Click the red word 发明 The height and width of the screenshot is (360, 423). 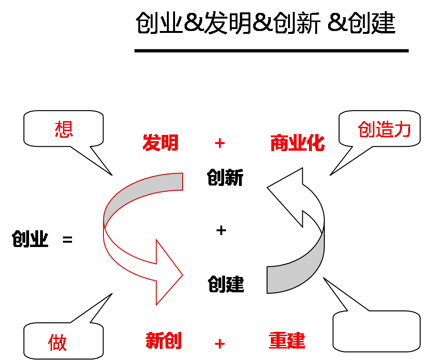[161, 143]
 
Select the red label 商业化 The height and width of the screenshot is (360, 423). [298, 143]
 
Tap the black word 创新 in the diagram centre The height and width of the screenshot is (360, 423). [226, 178]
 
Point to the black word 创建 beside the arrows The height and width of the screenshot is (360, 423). [226, 285]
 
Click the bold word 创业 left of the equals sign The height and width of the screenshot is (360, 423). [31, 239]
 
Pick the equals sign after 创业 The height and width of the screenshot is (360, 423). [68, 239]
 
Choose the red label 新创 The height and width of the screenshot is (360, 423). [163, 341]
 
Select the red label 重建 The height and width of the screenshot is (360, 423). [287, 341]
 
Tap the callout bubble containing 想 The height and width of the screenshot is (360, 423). [63, 128]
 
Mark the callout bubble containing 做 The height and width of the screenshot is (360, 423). [63, 341]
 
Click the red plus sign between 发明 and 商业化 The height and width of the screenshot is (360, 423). [220, 143]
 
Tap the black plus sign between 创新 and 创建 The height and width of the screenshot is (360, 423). [221, 230]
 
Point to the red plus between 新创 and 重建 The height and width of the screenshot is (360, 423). [220, 343]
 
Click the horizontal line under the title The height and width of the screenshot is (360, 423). [271, 51]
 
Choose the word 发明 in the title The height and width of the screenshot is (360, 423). [228, 23]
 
